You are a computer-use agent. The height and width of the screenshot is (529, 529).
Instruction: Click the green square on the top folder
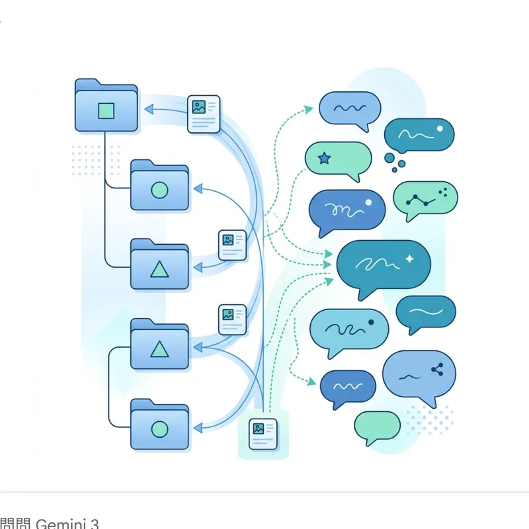coord(106,110)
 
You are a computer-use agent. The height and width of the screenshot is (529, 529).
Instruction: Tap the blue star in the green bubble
coord(324,158)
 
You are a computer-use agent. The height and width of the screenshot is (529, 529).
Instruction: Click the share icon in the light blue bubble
coord(436,370)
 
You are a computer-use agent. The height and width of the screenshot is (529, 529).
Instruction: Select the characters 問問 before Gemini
coord(15,524)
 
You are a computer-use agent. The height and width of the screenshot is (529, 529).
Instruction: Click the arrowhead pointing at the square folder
coord(148,110)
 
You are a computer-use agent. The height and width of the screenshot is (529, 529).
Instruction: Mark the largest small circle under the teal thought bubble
coord(391,157)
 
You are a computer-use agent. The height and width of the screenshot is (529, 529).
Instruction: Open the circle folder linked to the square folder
coord(159,190)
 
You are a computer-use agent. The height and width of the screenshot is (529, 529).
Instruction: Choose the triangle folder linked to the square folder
coord(159,268)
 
